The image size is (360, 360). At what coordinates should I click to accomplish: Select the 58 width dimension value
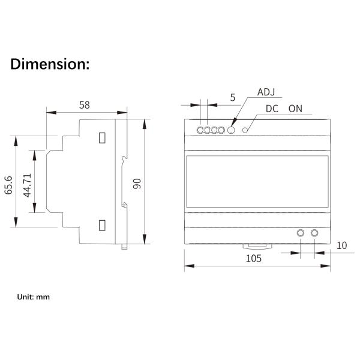point(85,105)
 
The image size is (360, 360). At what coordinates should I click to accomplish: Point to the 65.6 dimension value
point(8,185)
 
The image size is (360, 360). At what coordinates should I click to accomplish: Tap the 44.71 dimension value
point(26,185)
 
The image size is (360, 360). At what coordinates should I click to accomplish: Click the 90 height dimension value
point(137,183)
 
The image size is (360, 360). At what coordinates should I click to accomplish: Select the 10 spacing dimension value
point(341,245)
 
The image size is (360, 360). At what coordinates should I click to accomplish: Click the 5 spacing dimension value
point(232,97)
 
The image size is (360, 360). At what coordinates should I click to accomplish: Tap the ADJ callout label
point(266,92)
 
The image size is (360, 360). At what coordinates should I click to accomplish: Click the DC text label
point(272,109)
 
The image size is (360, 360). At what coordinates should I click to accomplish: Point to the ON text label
point(295,109)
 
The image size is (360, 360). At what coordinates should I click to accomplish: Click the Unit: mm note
point(33,296)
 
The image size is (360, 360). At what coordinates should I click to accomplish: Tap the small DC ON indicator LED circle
point(245,129)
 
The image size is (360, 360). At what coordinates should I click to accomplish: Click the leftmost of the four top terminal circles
point(200,130)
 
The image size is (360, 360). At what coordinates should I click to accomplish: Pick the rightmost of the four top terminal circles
point(221,130)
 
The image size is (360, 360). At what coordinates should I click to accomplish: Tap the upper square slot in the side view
point(102,137)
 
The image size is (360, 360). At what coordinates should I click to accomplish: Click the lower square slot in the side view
point(102,226)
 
